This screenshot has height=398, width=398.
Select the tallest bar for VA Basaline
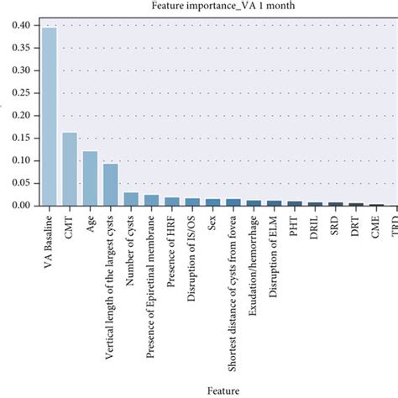click(x=50, y=117)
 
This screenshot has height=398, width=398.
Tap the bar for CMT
click(x=70, y=169)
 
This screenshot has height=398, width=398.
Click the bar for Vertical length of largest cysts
click(x=110, y=185)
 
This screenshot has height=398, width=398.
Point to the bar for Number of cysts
click(x=131, y=199)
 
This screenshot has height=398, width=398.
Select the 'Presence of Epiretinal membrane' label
click(x=151, y=285)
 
